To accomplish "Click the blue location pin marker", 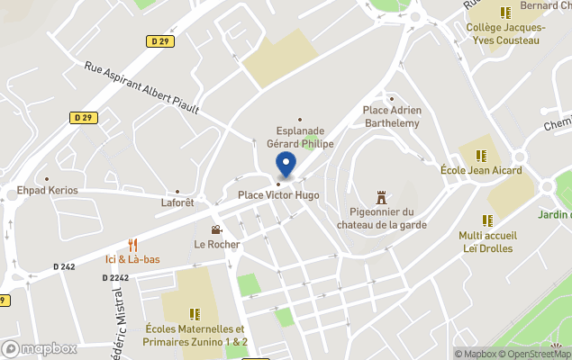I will [x=286, y=166].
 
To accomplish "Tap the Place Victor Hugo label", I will [x=278, y=195].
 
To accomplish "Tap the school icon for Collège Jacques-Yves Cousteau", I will [x=505, y=13].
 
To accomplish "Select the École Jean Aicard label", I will [x=482, y=170].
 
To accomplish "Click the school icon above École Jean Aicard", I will [x=482, y=155].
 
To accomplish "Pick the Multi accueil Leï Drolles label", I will [x=487, y=242].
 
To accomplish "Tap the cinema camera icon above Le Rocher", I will [x=216, y=229].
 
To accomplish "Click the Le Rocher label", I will [x=217, y=244].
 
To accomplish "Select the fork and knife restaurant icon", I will [x=132, y=245].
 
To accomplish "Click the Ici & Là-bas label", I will [x=132, y=259].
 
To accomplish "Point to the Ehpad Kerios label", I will [x=48, y=191].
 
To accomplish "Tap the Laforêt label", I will [x=177, y=203].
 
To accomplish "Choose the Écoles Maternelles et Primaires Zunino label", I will [x=195, y=336].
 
